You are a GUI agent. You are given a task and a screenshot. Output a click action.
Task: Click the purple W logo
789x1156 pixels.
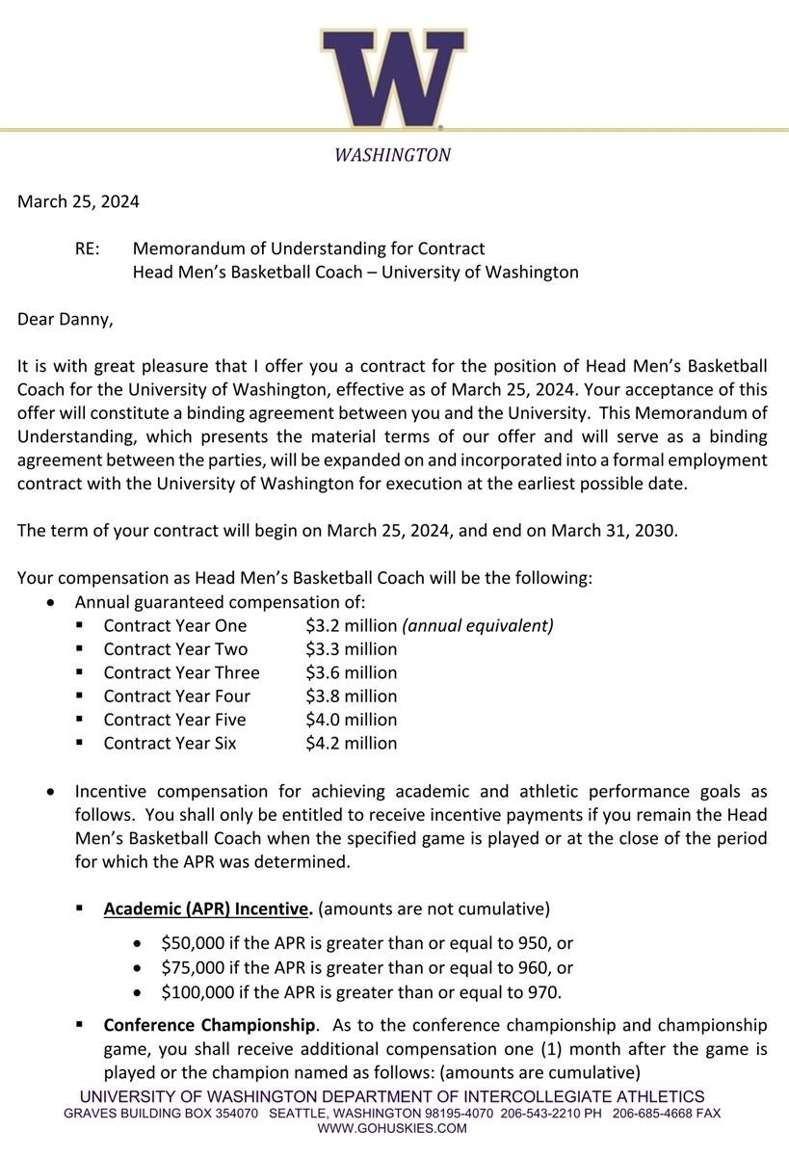pyautogui.click(x=393, y=77)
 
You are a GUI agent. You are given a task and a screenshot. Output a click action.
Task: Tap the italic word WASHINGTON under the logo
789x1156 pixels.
pyautogui.click(x=392, y=154)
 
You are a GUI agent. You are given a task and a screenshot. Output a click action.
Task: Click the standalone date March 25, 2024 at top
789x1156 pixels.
pyautogui.click(x=78, y=201)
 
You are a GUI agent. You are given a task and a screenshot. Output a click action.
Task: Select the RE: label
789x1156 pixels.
pyautogui.click(x=87, y=249)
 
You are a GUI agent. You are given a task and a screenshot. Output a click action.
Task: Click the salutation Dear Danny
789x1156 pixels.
pyautogui.click(x=65, y=319)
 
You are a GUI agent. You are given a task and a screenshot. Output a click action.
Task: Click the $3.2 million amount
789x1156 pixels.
pyautogui.click(x=351, y=625)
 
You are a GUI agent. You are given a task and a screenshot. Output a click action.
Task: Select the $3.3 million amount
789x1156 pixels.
pyautogui.click(x=351, y=649)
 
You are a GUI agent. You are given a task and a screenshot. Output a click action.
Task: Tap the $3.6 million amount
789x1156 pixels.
pyautogui.click(x=351, y=672)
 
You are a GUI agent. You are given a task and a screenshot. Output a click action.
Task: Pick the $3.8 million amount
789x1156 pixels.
pyautogui.click(x=351, y=696)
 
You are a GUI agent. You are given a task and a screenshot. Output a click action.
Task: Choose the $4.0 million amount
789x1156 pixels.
pyautogui.click(x=351, y=720)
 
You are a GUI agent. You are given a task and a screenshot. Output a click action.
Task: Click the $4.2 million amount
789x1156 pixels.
pyautogui.click(x=351, y=743)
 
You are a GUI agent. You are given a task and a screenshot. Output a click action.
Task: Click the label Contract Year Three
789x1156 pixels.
pyautogui.click(x=181, y=672)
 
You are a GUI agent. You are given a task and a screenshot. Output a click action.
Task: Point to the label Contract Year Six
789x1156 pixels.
pyautogui.click(x=170, y=743)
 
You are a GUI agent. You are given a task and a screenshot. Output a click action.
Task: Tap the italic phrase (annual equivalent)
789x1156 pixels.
pyautogui.click(x=478, y=625)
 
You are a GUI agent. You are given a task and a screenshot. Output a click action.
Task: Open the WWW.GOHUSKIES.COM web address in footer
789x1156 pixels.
pyautogui.click(x=392, y=1128)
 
